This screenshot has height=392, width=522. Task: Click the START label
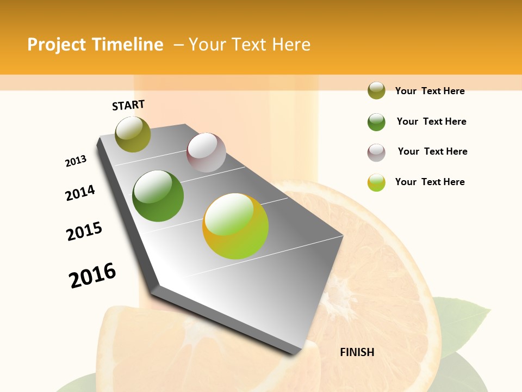pos(128,105)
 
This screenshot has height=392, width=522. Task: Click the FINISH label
pos(357,352)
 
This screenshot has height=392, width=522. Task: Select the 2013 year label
pos(76,161)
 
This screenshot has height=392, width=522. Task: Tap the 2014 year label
pos(80,193)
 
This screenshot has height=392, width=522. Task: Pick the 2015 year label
pos(84,231)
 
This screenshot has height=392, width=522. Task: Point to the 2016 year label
pos(92,275)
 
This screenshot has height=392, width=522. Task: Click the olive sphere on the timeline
pos(133,134)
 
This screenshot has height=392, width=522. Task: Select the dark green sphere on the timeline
pos(158,196)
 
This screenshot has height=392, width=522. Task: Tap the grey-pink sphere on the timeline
pos(206,152)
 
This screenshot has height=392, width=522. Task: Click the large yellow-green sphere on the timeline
pos(235,226)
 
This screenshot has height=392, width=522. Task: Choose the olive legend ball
pos(376,91)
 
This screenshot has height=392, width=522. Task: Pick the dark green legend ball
pos(376,122)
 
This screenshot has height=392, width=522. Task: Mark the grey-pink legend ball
pos(376,152)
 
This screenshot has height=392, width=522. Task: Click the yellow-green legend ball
pos(376,182)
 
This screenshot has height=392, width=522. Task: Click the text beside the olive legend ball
pos(430,91)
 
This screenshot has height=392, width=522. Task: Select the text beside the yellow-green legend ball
pos(430,182)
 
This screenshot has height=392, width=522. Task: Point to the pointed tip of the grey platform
pos(294,351)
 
